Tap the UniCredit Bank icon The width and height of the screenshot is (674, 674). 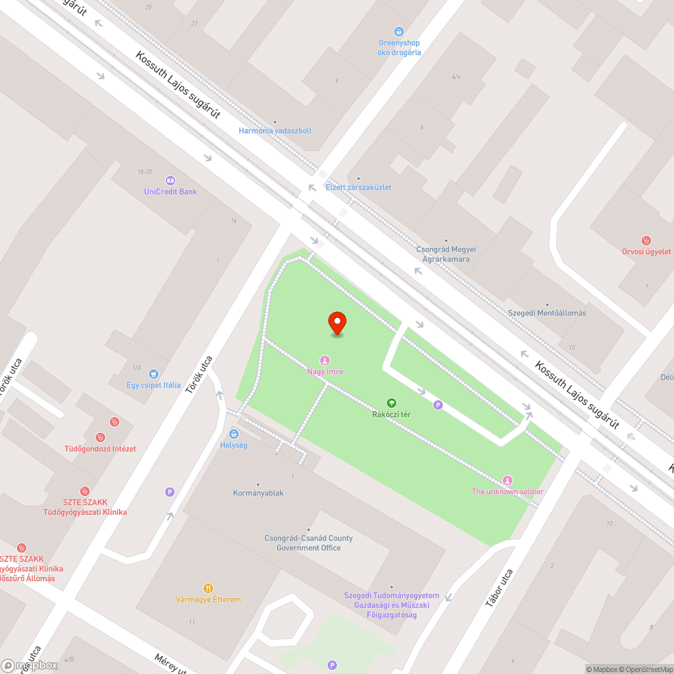(171, 180)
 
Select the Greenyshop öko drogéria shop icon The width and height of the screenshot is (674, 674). (399, 31)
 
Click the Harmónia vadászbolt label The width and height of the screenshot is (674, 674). (275, 131)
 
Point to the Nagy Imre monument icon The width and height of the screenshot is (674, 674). (325, 360)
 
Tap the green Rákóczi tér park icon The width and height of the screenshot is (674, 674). (392, 402)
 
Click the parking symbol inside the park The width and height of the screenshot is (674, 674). (438, 405)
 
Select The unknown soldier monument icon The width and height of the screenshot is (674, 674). (507, 480)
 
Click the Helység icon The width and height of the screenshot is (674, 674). (234, 434)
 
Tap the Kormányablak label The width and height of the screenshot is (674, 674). (258, 493)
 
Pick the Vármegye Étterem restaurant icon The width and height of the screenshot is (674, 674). (208, 588)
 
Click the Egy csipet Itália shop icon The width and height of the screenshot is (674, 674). (154, 374)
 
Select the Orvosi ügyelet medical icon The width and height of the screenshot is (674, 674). (646, 241)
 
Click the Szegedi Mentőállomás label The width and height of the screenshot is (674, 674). (547, 313)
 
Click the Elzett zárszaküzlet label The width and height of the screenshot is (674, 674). (358, 187)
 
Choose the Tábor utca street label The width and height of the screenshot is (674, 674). (499, 588)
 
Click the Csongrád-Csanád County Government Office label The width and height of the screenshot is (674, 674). (308, 543)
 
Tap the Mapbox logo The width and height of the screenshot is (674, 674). (30, 665)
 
